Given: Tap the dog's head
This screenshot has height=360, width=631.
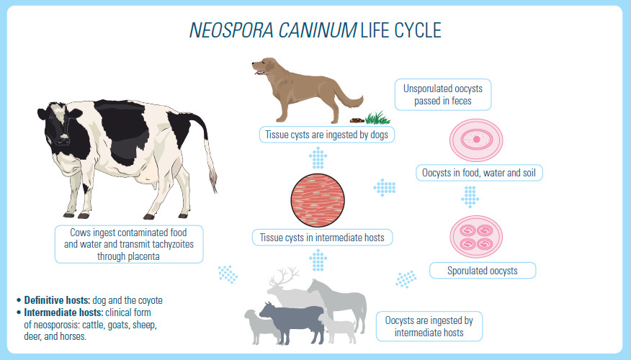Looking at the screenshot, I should (267, 66).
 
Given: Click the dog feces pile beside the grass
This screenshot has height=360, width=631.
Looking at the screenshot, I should (357, 120).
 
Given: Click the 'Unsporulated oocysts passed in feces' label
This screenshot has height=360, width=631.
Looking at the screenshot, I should (442, 94).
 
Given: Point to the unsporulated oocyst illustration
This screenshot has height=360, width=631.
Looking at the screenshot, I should (476, 138).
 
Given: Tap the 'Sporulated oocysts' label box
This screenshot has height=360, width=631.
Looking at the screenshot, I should (483, 271).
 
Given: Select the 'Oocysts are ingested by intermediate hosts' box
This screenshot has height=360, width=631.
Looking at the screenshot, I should (429, 326).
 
